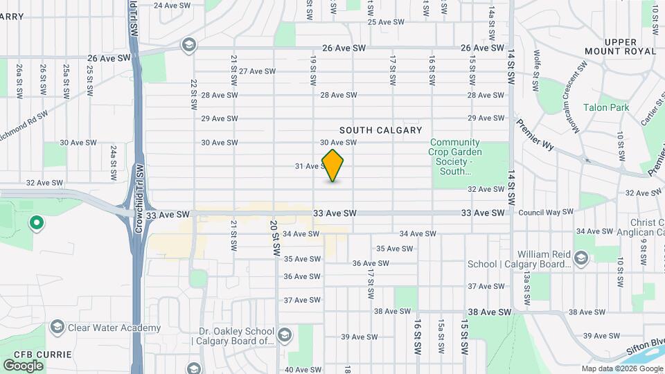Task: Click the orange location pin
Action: (333, 166)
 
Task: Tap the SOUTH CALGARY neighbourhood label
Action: (380, 130)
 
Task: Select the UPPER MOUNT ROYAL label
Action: (630, 46)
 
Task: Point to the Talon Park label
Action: (605, 107)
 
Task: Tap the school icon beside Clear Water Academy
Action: (57, 328)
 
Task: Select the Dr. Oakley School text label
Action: (233, 335)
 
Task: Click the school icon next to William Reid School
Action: (580, 259)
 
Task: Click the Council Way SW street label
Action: (546, 212)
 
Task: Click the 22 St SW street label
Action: (193, 93)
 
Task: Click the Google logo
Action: (23, 365)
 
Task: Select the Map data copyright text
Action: (621, 368)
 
